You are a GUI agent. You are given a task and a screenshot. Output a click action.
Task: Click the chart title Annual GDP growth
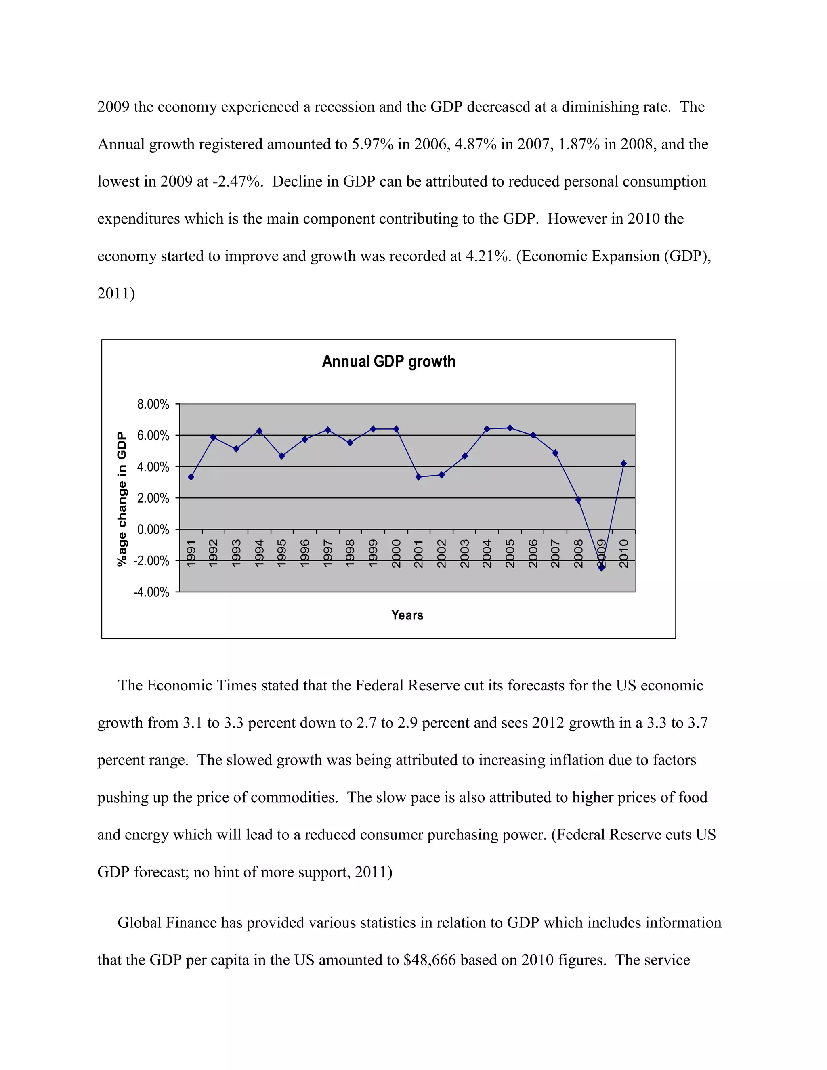(388, 361)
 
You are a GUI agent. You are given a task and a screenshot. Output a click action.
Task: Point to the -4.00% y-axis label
(151, 592)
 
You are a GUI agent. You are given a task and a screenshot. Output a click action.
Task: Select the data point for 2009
(602, 568)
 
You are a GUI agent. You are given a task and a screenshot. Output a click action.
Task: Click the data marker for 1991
(191, 477)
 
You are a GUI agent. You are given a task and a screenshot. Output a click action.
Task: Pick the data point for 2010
(623, 464)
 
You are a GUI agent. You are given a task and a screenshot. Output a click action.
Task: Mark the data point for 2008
(578, 500)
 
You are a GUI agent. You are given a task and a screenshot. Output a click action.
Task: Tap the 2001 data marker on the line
(418, 477)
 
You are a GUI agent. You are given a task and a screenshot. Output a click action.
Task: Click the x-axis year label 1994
(260, 553)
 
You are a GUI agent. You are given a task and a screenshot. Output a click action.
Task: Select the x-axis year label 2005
(510, 553)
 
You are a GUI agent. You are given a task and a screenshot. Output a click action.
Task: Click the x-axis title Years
(407, 615)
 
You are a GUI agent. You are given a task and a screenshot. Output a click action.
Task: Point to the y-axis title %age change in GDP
(122, 499)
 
